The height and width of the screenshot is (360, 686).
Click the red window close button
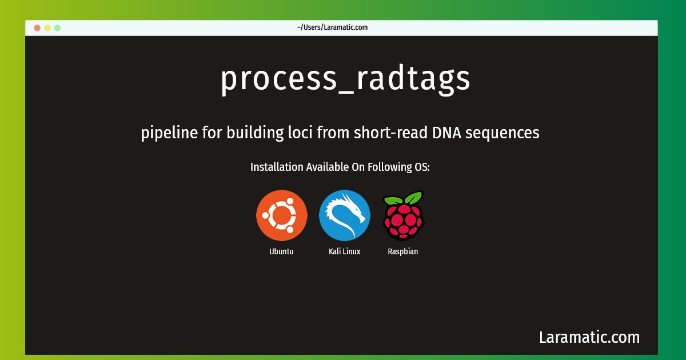pyautogui.click(x=37, y=28)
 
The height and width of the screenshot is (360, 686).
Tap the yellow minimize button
pyautogui.click(x=47, y=28)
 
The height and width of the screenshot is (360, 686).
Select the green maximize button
pyautogui.click(x=57, y=28)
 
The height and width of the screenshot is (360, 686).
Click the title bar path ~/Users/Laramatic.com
pyautogui.click(x=332, y=27)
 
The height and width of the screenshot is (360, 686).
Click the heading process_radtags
pyautogui.click(x=345, y=79)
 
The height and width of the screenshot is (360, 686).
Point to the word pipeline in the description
pyautogui.click(x=169, y=133)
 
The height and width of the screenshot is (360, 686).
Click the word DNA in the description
pyautogui.click(x=446, y=133)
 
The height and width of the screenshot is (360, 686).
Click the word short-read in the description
pyautogui.click(x=390, y=133)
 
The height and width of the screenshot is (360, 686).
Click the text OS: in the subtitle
pyautogui.click(x=422, y=167)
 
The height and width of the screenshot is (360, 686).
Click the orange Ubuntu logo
pyautogui.click(x=282, y=215)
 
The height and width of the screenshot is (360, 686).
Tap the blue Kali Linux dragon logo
pyautogui.click(x=345, y=215)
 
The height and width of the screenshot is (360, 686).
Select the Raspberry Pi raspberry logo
pyautogui.click(x=404, y=215)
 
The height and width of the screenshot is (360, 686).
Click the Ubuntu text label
pyautogui.click(x=281, y=251)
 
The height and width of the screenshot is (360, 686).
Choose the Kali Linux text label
pyautogui.click(x=344, y=251)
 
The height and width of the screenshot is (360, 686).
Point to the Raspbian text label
pyautogui.click(x=402, y=252)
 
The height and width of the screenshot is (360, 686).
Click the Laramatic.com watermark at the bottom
pyautogui.click(x=589, y=337)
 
